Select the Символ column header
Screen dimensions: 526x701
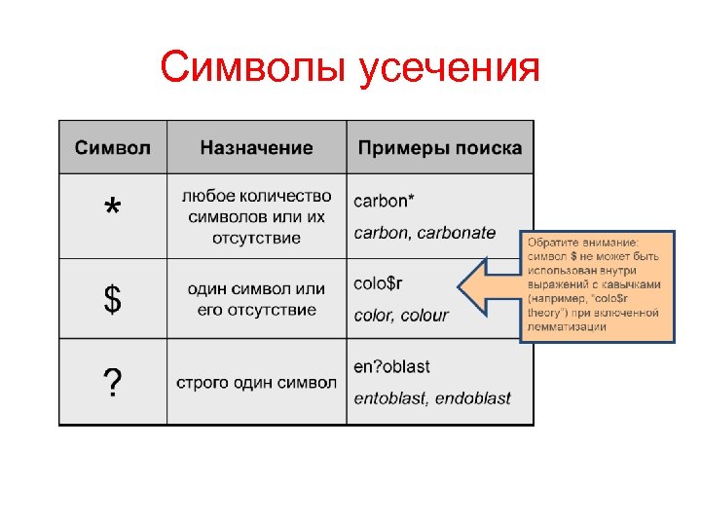[x=113, y=148]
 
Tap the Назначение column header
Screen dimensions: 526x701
[x=256, y=148]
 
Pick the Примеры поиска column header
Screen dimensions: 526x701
[x=439, y=148]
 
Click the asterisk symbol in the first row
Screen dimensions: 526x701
[x=113, y=208]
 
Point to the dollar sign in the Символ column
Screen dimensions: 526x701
[x=113, y=300]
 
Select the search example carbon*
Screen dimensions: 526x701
[x=383, y=201]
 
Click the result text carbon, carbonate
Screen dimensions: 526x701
[x=424, y=233]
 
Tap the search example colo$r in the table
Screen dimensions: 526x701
[x=377, y=283]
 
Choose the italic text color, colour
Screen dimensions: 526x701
[x=400, y=316]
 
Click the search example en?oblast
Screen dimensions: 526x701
[x=391, y=366]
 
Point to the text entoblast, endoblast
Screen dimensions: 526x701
[x=431, y=398]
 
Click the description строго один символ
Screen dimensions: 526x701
[x=256, y=383]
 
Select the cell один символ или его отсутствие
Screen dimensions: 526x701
[x=256, y=299]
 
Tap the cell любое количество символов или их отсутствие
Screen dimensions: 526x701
[x=256, y=216]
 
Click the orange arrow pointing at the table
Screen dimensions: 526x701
[x=487, y=288]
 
